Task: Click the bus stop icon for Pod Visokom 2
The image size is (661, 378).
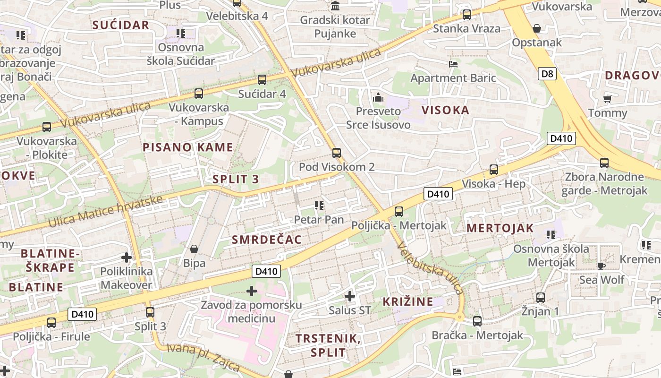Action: tap(336, 153)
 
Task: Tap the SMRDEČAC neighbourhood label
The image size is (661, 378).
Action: tap(266, 240)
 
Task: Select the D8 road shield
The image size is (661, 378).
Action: tap(547, 74)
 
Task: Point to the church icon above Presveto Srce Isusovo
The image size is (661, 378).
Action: tap(378, 98)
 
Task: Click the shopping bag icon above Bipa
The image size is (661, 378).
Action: tap(194, 249)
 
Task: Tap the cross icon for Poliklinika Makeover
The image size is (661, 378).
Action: tap(126, 258)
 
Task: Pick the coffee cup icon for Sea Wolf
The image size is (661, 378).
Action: tap(601, 266)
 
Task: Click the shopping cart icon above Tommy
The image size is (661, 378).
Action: tap(607, 99)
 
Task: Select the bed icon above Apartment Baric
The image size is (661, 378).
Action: tap(453, 64)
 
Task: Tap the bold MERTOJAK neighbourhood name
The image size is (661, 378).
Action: tap(500, 228)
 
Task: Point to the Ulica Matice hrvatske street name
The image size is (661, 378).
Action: tap(106, 211)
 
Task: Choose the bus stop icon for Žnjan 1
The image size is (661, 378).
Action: tap(540, 298)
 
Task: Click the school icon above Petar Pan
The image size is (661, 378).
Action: tap(319, 206)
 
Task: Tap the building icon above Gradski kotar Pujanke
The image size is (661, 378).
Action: tap(335, 6)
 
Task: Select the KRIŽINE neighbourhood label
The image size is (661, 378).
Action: tap(407, 301)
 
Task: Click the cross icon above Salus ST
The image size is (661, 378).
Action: tap(349, 296)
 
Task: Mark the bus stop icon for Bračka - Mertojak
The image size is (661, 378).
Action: tap(477, 321)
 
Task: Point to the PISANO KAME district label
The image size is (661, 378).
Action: tap(187, 147)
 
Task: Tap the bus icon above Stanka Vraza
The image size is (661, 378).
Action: tap(466, 14)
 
